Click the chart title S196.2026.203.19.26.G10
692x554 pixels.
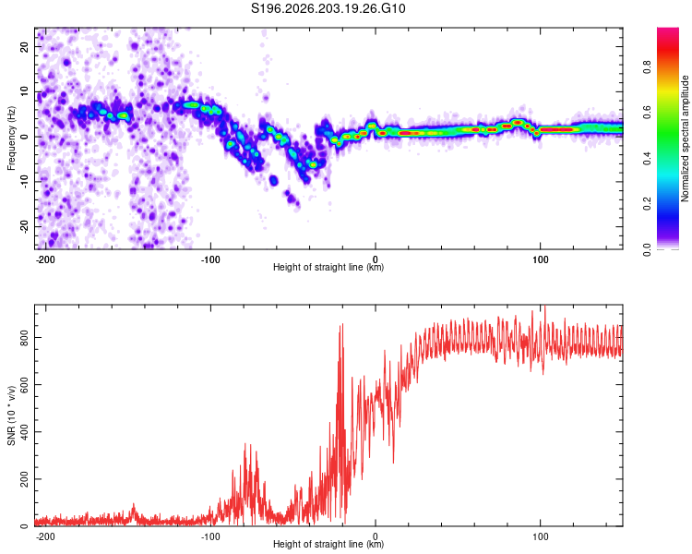coord(328,8)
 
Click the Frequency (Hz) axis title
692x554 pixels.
coord(11,138)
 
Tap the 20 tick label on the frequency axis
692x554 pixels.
coord(24,47)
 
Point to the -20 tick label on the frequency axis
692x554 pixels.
coord(24,227)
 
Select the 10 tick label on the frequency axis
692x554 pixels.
coord(24,92)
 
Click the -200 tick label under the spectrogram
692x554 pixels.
coord(45,259)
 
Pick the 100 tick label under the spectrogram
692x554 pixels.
coord(540,259)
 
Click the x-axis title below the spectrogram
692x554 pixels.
coord(328,267)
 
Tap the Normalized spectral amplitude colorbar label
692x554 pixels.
coord(685,138)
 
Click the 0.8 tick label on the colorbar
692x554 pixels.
coord(647,67)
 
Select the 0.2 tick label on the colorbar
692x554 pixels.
coord(647,204)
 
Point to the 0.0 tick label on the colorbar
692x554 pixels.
coord(647,249)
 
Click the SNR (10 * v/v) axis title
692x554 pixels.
coord(11,415)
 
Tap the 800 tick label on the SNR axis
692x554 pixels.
coord(24,337)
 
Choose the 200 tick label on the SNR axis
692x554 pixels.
coord(24,479)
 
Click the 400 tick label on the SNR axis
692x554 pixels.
coord(24,431)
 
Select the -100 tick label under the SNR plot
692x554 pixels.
coord(210,536)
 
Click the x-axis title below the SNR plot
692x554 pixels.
coord(328,544)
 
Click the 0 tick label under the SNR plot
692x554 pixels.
coord(376,536)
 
